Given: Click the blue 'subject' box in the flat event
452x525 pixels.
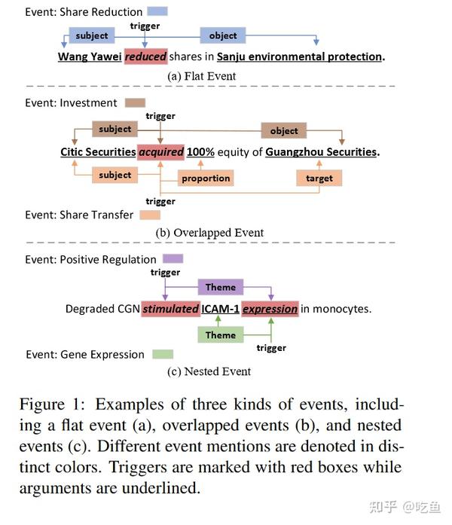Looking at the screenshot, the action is [x=92, y=35].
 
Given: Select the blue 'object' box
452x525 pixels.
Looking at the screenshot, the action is [x=222, y=35].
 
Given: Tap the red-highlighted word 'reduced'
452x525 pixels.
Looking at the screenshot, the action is [x=145, y=56].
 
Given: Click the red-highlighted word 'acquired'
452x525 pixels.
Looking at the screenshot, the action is [x=161, y=152].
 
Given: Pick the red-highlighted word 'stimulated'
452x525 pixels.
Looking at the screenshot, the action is [x=170, y=309].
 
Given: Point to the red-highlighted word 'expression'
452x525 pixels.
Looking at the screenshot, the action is [x=270, y=309].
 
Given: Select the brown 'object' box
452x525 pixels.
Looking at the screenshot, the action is [x=284, y=130].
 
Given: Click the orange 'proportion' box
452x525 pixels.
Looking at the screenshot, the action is [x=206, y=179].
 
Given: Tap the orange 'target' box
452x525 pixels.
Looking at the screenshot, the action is [x=319, y=179].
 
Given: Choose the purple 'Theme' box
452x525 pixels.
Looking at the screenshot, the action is [x=221, y=287].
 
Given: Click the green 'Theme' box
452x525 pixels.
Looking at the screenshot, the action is [x=221, y=335].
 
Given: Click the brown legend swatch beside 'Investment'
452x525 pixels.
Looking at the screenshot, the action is [x=136, y=102].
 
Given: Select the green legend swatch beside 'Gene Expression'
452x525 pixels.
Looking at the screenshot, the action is [x=162, y=354].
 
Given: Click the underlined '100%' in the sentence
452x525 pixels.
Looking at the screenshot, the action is [x=201, y=152].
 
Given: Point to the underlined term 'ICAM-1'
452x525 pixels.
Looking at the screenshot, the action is [x=221, y=309].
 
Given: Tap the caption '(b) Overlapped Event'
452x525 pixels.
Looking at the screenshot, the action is [x=209, y=233].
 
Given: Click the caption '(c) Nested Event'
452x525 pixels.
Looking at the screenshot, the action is [x=209, y=371].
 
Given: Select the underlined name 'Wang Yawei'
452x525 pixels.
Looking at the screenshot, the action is [x=90, y=56].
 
